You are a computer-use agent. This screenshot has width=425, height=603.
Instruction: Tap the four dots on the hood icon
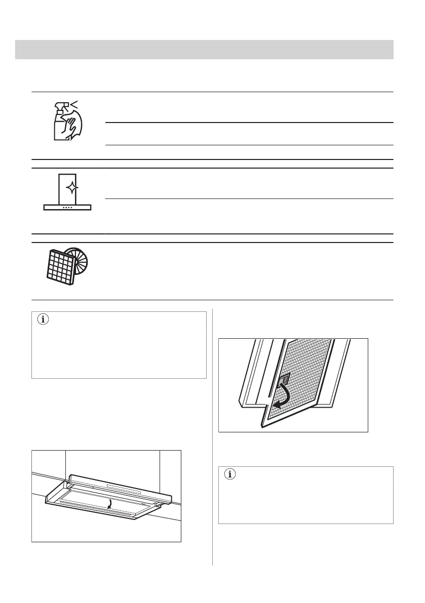coord(67,207)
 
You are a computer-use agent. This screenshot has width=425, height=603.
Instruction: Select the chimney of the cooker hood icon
coord(67,188)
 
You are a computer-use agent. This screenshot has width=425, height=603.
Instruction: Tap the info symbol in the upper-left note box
coord(43,320)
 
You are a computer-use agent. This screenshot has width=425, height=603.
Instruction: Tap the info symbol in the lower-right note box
coord(230,474)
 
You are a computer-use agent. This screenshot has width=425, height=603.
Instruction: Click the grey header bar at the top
coord(204,50)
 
